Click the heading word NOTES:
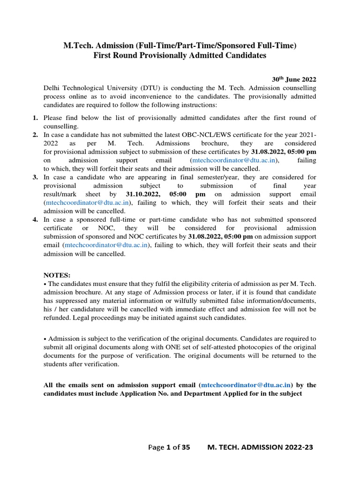point(57,275)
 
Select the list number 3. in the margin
point(35,177)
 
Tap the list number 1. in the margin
point(35,118)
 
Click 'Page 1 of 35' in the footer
point(169,447)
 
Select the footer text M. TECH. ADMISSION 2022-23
point(260,447)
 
